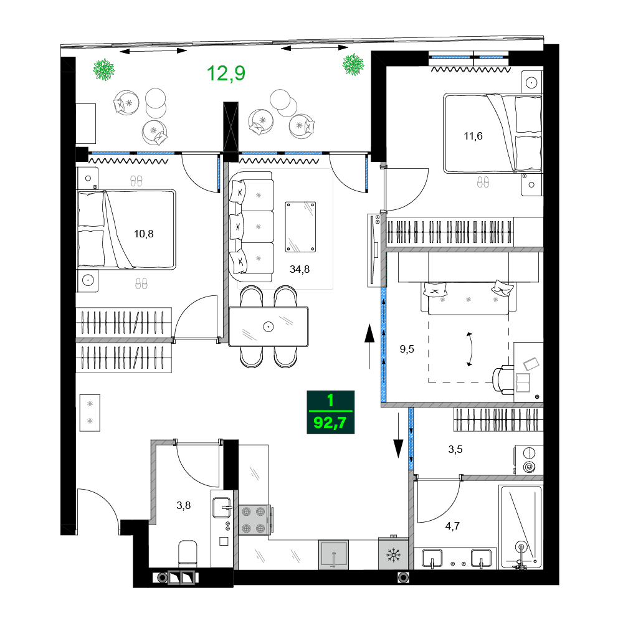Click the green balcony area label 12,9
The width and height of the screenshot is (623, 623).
tap(226, 74)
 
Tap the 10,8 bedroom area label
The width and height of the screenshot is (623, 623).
tap(143, 234)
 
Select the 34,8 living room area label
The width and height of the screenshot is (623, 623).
tap(300, 269)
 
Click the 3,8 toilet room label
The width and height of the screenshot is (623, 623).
tap(183, 505)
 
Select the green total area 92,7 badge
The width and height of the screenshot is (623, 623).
tap(331, 412)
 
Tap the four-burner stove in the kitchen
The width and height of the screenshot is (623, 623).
tap(253, 519)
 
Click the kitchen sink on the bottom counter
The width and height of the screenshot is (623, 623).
tap(335, 554)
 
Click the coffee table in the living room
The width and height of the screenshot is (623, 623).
tap(300, 227)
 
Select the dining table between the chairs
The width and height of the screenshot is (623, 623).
tap(269, 326)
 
